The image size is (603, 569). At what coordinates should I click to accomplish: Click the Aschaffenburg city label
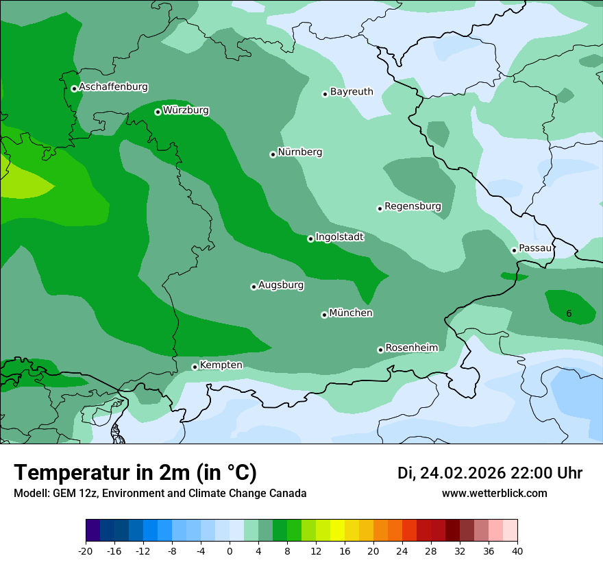point(113,87)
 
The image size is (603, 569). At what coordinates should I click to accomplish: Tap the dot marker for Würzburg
point(158,112)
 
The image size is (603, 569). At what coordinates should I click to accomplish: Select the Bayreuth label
point(352,91)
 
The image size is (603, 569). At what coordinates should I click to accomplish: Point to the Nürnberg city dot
point(273,154)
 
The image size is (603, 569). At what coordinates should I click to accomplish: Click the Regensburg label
point(413,206)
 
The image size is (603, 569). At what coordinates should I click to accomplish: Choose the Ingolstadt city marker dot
point(310,239)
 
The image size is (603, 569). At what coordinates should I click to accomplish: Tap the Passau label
point(534,247)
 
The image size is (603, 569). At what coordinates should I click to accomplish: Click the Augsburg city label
point(281,284)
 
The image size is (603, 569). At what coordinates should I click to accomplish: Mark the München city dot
point(324,315)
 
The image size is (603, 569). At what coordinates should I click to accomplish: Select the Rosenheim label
point(411,348)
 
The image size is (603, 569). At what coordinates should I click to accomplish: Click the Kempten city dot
point(195,367)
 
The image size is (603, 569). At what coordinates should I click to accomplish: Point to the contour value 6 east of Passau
point(569,313)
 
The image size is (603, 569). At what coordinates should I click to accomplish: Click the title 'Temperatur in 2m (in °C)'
point(135,473)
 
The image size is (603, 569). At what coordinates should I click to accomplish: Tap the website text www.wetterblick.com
point(494,493)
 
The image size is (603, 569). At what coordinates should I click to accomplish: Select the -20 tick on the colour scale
point(86,551)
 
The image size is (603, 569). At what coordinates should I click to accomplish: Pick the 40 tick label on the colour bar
point(517,551)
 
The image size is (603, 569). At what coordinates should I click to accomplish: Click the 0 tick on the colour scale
point(230,551)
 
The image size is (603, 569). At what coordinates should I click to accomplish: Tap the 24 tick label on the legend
point(402,551)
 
